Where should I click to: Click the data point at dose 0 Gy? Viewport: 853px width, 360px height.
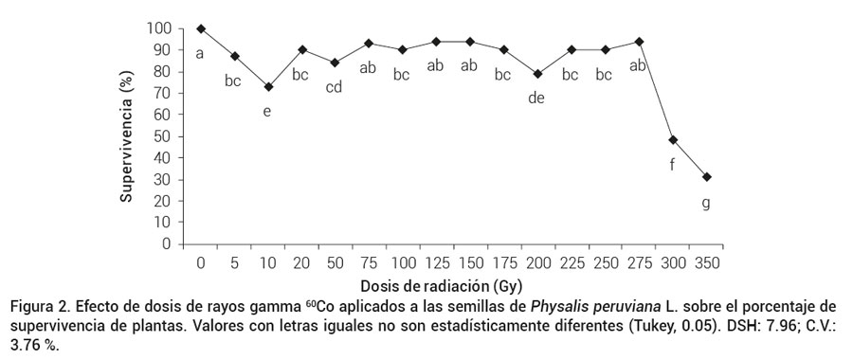(x=201, y=28)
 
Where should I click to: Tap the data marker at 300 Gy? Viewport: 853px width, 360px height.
(x=673, y=140)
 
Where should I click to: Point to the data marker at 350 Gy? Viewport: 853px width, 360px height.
(x=706, y=177)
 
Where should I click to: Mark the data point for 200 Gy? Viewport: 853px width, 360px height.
(x=537, y=74)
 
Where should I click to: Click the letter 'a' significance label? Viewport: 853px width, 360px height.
(x=200, y=53)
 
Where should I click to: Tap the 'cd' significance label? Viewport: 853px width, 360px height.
(x=335, y=87)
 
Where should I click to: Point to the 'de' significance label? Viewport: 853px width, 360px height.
(x=536, y=98)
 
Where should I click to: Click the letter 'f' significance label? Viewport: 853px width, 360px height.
(x=672, y=166)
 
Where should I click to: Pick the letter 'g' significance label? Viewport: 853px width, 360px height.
(x=706, y=203)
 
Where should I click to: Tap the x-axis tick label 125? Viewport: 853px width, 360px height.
(x=436, y=261)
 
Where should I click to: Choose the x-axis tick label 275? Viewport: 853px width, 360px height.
(x=638, y=261)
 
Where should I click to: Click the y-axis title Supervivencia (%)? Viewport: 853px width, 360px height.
(x=126, y=136)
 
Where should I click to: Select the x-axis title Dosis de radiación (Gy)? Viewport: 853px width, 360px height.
(x=442, y=284)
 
